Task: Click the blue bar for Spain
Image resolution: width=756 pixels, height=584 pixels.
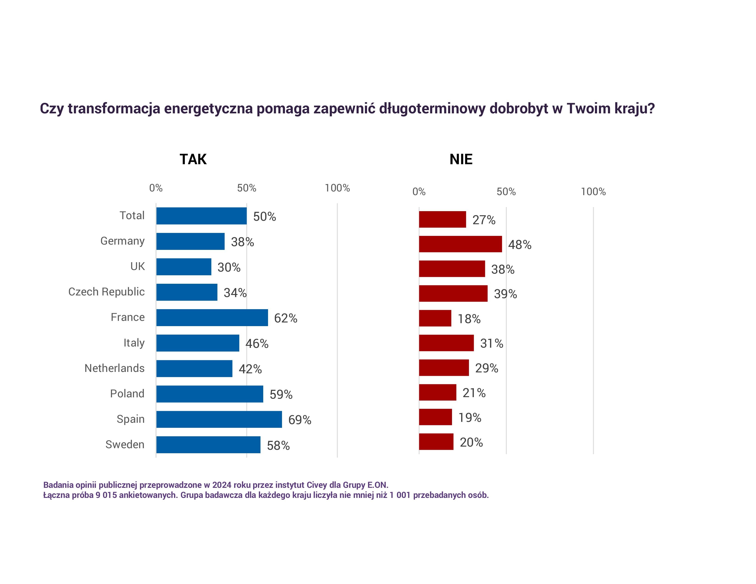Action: tap(219, 419)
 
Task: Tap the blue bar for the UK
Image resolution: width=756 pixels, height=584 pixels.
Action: tap(184, 267)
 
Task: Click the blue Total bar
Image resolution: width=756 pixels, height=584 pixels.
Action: tap(201, 216)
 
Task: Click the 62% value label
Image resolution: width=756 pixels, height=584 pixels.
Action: tap(286, 318)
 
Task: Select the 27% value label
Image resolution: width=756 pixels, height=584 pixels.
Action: tap(484, 220)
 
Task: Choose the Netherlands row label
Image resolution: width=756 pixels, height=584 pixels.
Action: tap(114, 368)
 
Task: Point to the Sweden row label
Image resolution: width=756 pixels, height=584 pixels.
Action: tap(125, 445)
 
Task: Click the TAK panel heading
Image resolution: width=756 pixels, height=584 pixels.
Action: tap(193, 159)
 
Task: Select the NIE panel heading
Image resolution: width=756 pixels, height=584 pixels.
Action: tap(461, 159)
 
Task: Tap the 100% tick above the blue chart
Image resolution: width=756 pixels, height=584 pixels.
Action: tap(337, 188)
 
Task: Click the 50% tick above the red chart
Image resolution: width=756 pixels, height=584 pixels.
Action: tap(506, 192)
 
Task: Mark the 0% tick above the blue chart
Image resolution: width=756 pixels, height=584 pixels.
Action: tap(156, 188)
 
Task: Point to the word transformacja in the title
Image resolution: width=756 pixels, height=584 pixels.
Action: tap(114, 109)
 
